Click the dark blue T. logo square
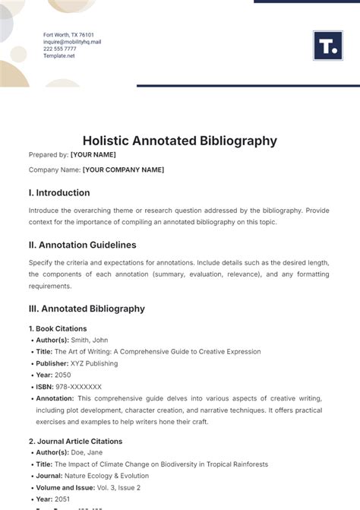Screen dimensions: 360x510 (x=327, y=46)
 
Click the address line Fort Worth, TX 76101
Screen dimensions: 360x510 (x=68, y=35)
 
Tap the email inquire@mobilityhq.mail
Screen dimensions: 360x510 (x=72, y=42)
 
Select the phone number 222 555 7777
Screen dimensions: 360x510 (x=60, y=49)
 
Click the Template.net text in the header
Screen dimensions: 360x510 (x=58, y=55)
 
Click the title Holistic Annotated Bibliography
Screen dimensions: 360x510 (x=179, y=141)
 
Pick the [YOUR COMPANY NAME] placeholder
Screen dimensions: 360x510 (x=123, y=169)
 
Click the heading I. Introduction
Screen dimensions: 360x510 (x=59, y=193)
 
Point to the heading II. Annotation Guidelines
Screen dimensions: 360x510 (x=83, y=245)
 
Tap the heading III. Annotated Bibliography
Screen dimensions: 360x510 (x=87, y=309)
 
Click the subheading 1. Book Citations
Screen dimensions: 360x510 (x=58, y=329)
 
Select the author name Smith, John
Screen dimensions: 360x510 (x=90, y=341)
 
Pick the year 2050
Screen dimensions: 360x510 (x=63, y=375)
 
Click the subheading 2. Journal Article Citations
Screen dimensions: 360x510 (x=75, y=441)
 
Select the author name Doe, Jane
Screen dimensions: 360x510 (x=87, y=452)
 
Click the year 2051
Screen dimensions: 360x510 (x=63, y=499)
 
